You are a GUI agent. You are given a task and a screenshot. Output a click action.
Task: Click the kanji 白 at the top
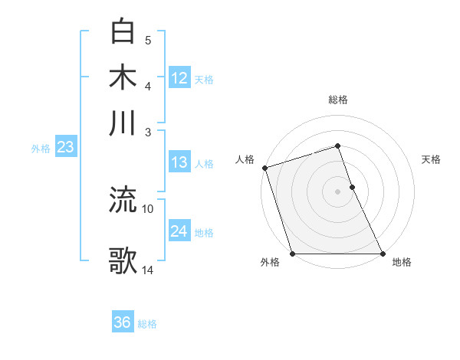(123, 31)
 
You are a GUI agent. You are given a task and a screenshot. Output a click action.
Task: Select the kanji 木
(123, 77)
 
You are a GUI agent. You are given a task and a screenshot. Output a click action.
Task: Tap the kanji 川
(123, 123)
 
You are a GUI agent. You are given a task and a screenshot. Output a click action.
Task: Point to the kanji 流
(123, 200)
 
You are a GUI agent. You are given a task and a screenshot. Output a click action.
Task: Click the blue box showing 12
(179, 77)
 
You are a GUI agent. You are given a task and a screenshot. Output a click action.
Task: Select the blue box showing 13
(179, 162)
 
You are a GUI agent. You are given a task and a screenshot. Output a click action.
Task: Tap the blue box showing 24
(179, 231)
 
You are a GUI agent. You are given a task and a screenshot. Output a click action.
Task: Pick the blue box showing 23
(65, 147)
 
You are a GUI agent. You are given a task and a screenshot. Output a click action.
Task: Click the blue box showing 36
(123, 322)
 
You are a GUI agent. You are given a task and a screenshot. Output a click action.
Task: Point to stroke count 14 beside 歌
(149, 270)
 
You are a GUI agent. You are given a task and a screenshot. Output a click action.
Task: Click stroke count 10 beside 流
(148, 208)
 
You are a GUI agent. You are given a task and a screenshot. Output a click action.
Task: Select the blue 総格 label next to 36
(147, 324)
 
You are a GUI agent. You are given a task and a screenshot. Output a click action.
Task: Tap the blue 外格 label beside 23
(41, 149)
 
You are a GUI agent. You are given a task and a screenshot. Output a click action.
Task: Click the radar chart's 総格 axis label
(338, 100)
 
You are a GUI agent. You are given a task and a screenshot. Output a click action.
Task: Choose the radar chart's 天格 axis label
(431, 159)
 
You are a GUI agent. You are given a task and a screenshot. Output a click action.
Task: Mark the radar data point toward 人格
(264, 168)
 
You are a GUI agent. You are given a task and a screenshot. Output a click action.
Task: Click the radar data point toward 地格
(383, 254)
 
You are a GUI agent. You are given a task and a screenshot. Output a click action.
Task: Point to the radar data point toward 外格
(292, 254)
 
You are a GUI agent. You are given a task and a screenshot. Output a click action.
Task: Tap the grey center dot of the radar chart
(338, 191)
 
